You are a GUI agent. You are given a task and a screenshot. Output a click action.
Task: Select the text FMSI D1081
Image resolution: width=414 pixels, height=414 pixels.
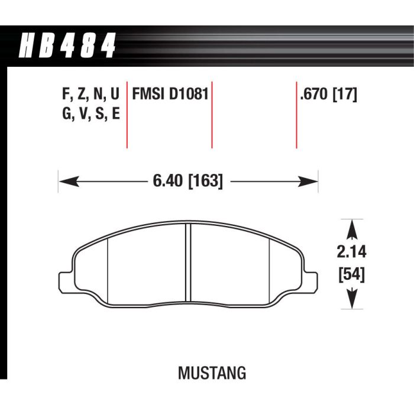(170, 95)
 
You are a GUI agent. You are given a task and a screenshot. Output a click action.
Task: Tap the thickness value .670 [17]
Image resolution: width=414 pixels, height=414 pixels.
(329, 95)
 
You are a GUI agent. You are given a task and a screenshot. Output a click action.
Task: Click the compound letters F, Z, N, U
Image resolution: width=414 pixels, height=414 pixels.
(90, 95)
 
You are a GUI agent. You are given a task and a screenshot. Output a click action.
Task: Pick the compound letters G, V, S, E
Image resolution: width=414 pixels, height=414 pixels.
(90, 113)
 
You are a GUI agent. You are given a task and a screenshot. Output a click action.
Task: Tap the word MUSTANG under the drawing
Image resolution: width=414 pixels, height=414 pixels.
(211, 374)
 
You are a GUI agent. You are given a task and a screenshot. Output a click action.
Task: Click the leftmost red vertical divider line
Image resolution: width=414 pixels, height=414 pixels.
(127, 115)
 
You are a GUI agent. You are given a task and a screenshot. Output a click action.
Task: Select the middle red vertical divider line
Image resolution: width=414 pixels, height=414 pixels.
(212, 115)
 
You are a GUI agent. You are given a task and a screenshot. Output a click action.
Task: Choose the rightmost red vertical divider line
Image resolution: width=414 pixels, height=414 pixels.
(296, 115)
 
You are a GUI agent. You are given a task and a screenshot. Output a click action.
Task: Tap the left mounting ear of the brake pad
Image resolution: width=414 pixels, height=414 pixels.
(66, 277)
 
